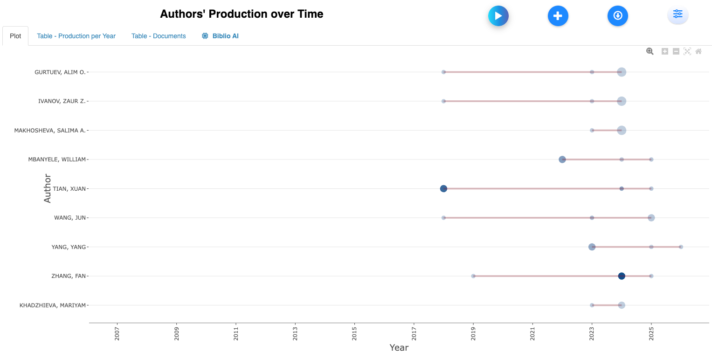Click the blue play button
click(x=498, y=16)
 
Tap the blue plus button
click(x=558, y=16)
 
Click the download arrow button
click(x=617, y=16)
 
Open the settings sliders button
click(x=677, y=15)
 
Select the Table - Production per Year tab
click(x=76, y=36)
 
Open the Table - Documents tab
click(x=159, y=36)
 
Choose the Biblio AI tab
click(x=220, y=36)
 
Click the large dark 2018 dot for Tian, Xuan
click(x=443, y=188)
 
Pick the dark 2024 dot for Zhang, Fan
click(x=622, y=276)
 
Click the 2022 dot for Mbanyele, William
click(x=562, y=159)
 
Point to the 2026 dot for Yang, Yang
click(x=681, y=247)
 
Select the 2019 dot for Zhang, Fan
click(x=473, y=276)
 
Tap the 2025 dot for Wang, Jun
click(x=651, y=218)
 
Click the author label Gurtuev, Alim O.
click(x=60, y=72)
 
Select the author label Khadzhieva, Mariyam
click(x=53, y=305)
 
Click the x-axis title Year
click(x=399, y=347)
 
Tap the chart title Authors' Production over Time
click(x=242, y=14)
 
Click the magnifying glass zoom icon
click(x=650, y=51)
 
